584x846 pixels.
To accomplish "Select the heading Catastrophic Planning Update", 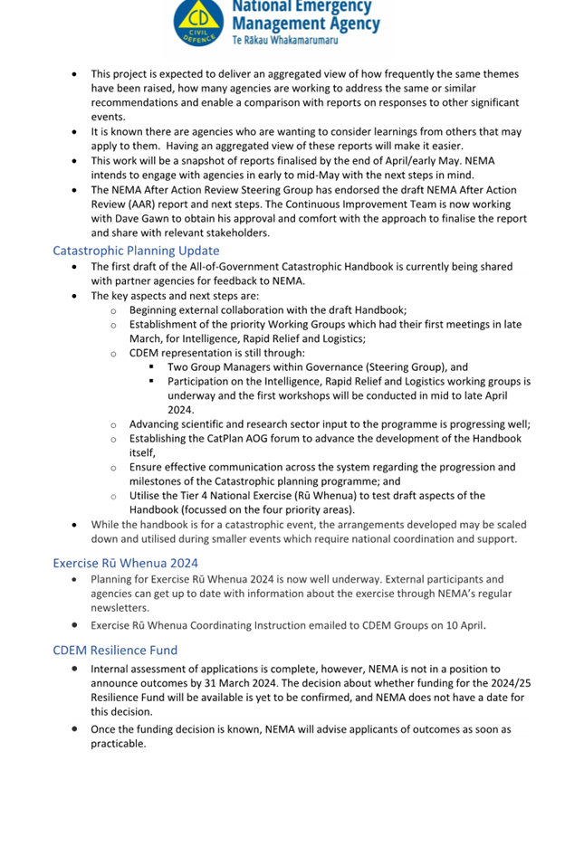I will click(x=136, y=251).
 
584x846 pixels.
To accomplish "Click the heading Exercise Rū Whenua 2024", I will click(x=125, y=563).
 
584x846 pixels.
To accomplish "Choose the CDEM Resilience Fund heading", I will click(x=115, y=650).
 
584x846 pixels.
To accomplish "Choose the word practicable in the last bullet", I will click(x=118, y=743).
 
